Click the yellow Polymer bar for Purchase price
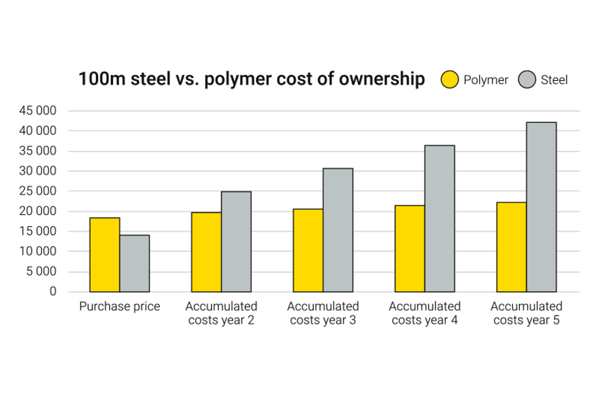pos(105,255)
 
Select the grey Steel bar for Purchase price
pos(134,263)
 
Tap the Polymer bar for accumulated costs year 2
pos(206,252)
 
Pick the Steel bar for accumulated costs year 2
pos(236,242)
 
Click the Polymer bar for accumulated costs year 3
pos(308,251)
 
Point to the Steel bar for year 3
pos(338,230)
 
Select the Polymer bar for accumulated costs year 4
pos(410,248)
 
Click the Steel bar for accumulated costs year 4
pos(440,218)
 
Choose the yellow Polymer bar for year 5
pos(512,247)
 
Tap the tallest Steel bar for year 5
pos(541,207)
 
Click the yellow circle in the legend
pos(450,79)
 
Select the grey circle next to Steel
pos(527,79)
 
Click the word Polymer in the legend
pos(485,80)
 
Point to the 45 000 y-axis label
pos(37,111)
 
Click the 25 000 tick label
pos(37,191)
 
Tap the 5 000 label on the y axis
pos(41,271)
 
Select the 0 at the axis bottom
pos(53,291)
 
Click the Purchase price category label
pos(119,307)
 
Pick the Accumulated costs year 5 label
pos(526,313)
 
